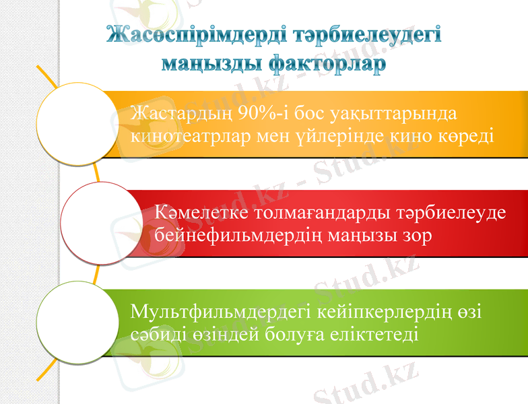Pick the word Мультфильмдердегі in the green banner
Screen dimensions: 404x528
tap(220, 312)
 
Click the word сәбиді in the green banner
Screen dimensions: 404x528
tap(156, 335)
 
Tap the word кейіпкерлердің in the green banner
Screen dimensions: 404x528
tap(381, 312)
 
